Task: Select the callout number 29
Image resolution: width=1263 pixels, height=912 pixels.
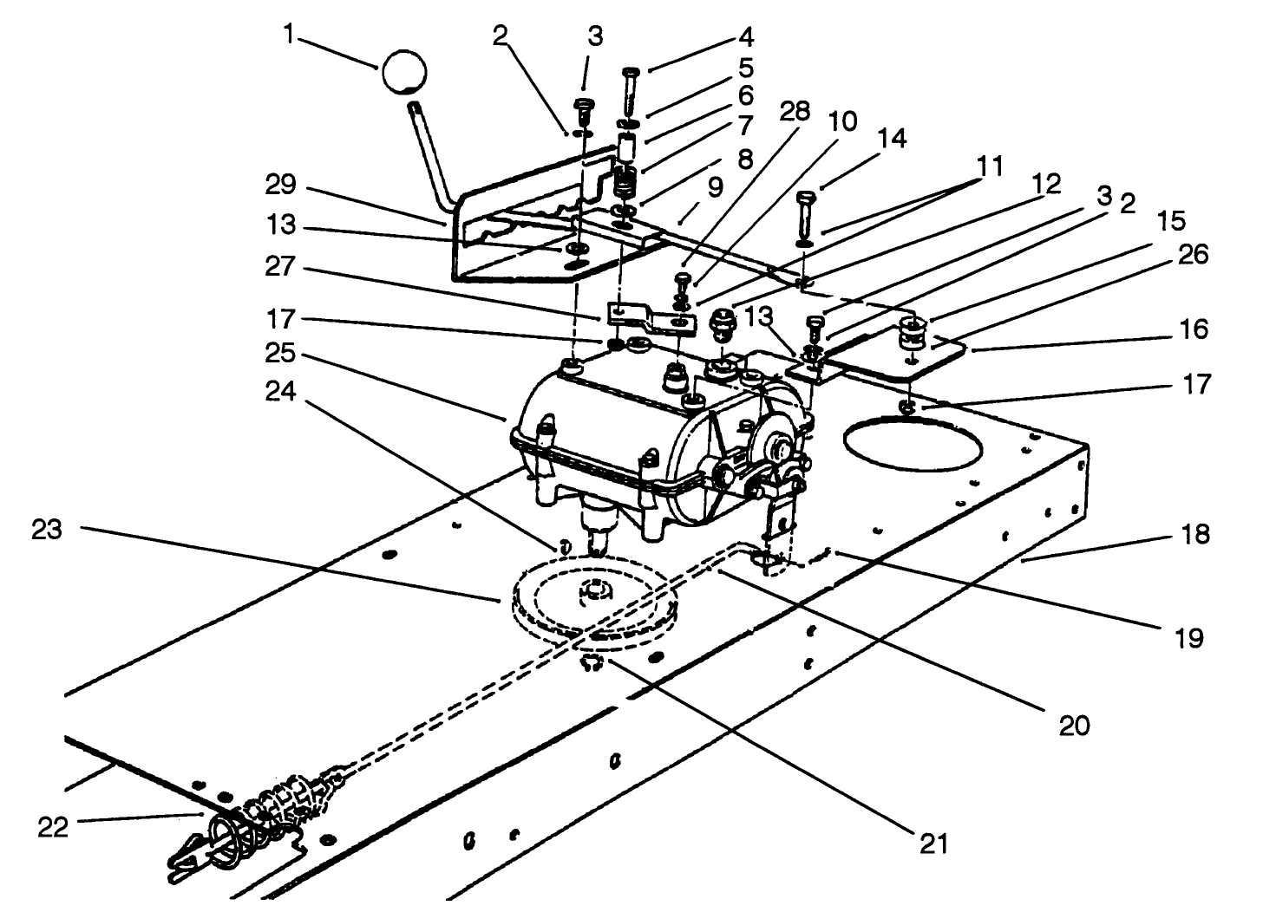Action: pyautogui.click(x=281, y=185)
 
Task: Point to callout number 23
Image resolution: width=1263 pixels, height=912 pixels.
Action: pyautogui.click(x=47, y=530)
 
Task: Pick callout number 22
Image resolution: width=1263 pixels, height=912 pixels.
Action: pyautogui.click(x=54, y=828)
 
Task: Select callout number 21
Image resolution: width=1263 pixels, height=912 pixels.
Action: pyautogui.click(x=933, y=843)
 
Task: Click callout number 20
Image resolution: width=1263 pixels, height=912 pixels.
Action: pyautogui.click(x=1074, y=724)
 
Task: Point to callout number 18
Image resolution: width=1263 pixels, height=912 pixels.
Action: pyautogui.click(x=1195, y=534)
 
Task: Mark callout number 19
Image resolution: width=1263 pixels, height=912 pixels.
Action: pyautogui.click(x=1190, y=639)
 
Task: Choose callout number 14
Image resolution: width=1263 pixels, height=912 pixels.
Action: pyautogui.click(x=890, y=139)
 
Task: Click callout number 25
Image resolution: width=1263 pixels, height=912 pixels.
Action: pyautogui.click(x=281, y=354)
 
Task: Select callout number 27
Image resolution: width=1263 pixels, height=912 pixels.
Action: pyautogui.click(x=281, y=269)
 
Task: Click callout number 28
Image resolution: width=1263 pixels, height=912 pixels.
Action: pyautogui.click(x=795, y=111)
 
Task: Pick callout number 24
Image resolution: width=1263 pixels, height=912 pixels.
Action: pyautogui.click(x=281, y=393)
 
